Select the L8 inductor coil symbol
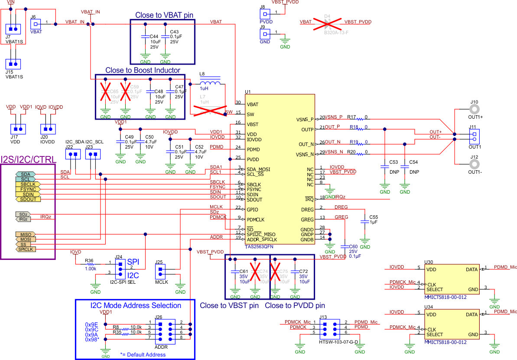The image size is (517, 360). pyautogui.click(x=210, y=84)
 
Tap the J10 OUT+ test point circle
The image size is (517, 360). pyautogui.click(x=475, y=110)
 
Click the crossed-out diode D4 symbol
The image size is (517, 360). pyautogui.click(x=328, y=22)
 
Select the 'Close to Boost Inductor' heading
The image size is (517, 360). pyautogui.click(x=143, y=70)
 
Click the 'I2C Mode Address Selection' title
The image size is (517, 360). pyautogui.click(x=136, y=305)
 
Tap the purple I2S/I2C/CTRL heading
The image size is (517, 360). pyautogui.click(x=27, y=159)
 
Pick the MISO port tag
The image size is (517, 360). pyautogui.click(x=26, y=234)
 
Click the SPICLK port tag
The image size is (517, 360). pyautogui.click(x=26, y=249)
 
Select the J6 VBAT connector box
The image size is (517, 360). pyautogui.click(x=36, y=23)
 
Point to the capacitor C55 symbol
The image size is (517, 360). pyautogui.click(x=365, y=222)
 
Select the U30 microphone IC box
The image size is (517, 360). pyautogui.click(x=451, y=279)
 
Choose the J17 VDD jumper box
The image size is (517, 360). pyautogui.click(x=17, y=129)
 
